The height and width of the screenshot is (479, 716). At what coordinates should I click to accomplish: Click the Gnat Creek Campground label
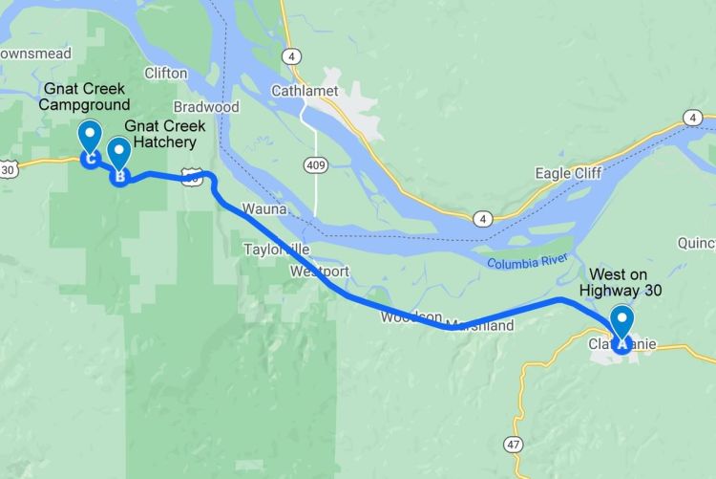85,97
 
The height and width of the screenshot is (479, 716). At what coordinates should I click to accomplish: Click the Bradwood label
206,107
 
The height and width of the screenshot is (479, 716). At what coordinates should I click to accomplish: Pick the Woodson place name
411,316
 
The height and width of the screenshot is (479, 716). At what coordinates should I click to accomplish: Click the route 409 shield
315,166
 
